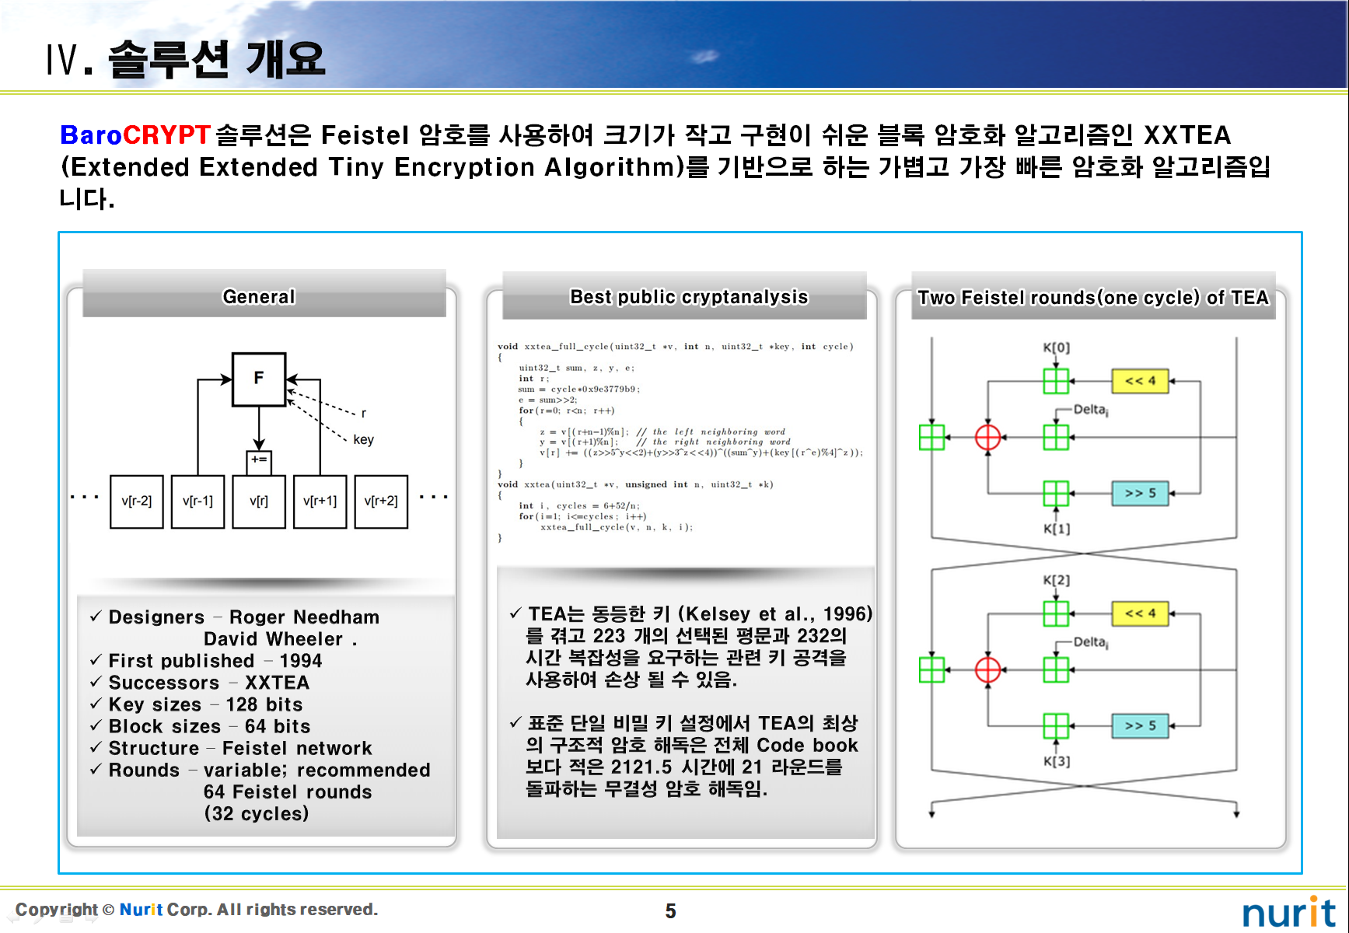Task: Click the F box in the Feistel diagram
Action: tap(259, 379)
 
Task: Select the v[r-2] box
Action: tap(137, 501)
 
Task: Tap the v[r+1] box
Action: tap(320, 501)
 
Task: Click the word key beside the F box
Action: tap(363, 440)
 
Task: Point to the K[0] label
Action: tap(1056, 348)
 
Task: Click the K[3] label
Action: tap(1056, 761)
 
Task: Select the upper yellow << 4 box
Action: tap(1140, 381)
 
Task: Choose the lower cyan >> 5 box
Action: tap(1140, 725)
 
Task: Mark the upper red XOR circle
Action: tap(987, 437)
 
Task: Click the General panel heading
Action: tap(259, 297)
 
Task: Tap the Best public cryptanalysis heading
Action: tap(689, 297)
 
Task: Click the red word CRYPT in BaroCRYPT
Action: tap(166, 135)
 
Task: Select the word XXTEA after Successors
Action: tap(277, 683)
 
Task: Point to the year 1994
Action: tap(300, 661)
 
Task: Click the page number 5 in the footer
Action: tap(670, 911)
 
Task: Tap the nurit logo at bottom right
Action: tap(1288, 912)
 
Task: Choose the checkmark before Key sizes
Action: tap(96, 704)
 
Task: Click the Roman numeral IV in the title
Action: tap(63, 60)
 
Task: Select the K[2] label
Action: tap(1056, 580)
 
